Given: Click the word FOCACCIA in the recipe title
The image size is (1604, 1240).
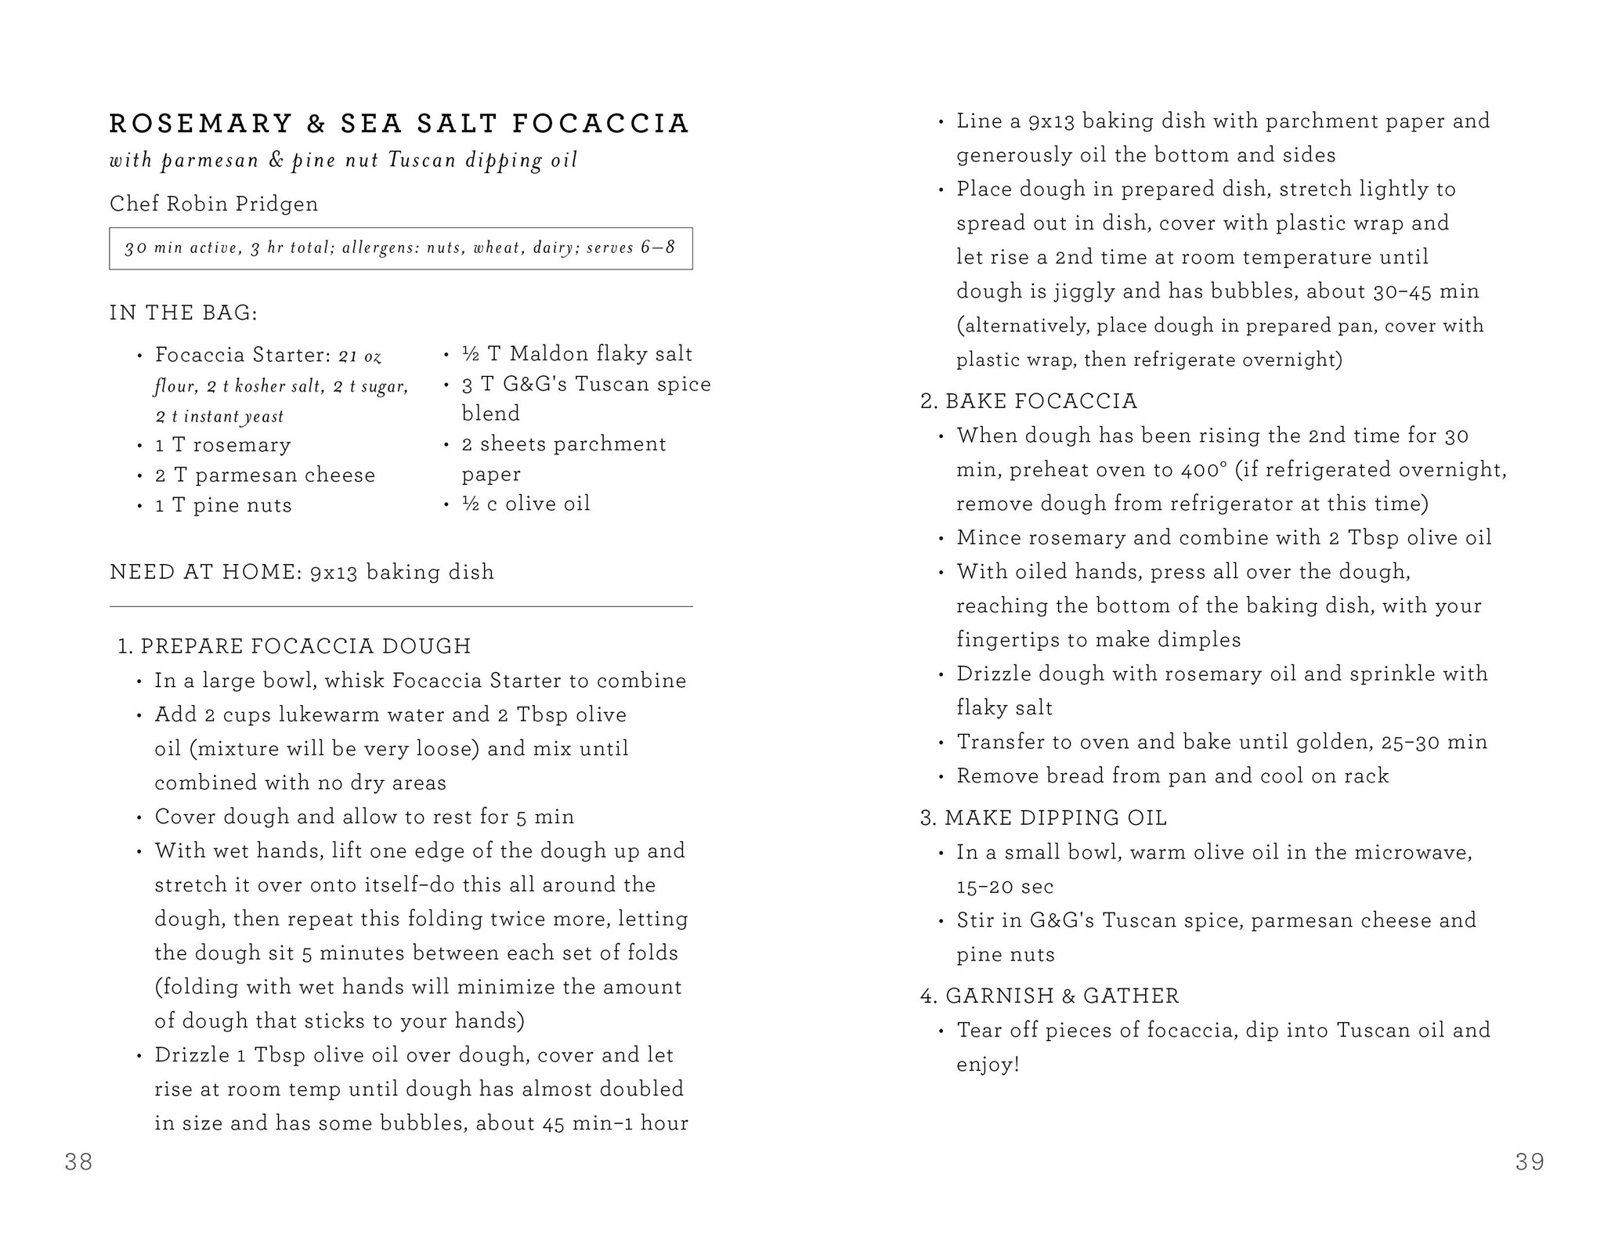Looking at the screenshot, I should [601, 124].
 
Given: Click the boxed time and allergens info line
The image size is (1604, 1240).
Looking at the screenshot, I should [400, 248].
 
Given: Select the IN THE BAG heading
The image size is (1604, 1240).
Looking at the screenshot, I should [183, 313].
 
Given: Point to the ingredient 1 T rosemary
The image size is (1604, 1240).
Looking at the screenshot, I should [222, 445].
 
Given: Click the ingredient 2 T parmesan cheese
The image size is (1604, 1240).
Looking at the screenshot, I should [265, 475].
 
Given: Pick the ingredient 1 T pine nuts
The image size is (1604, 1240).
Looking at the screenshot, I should [223, 505].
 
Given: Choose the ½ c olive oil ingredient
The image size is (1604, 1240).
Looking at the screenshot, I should [526, 503].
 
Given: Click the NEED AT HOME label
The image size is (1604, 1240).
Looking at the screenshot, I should [206, 572].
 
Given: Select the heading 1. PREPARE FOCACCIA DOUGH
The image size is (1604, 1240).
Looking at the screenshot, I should [294, 646].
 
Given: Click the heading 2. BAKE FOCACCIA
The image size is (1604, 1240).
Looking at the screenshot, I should [1028, 401].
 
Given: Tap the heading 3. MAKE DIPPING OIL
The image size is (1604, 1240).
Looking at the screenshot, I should [1043, 818].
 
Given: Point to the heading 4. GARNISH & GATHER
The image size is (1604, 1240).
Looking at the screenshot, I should [1049, 996].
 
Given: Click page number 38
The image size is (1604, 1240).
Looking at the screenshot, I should [79, 1162].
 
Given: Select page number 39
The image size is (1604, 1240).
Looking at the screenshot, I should [1530, 1162].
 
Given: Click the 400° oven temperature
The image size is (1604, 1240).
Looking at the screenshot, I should [1199, 469].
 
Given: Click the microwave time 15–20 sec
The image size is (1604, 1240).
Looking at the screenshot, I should [1005, 886].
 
